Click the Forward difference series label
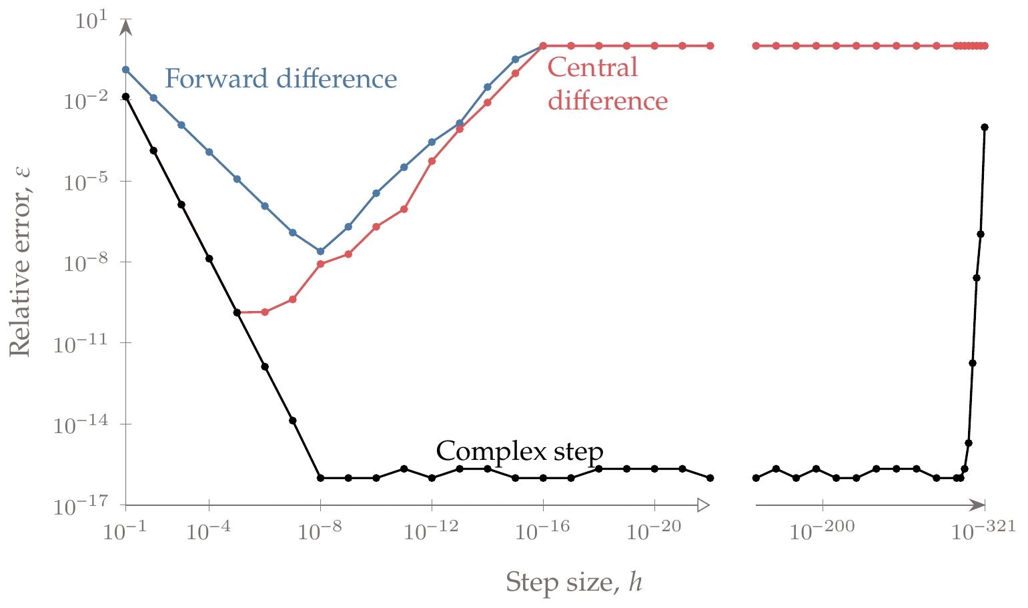pyautogui.click(x=281, y=79)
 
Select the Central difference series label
pyautogui.click(x=607, y=84)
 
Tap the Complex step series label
pyautogui.click(x=519, y=451)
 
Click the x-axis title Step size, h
pyautogui.click(x=574, y=582)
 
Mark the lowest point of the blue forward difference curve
pyautogui.click(x=320, y=252)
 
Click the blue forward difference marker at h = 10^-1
pyautogui.click(x=125, y=69)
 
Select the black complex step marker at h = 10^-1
pyautogui.click(x=125, y=97)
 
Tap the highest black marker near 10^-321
pyautogui.click(x=985, y=127)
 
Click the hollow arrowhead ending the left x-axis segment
pyautogui.click(x=703, y=505)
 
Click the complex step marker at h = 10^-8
pyautogui.click(x=320, y=478)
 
